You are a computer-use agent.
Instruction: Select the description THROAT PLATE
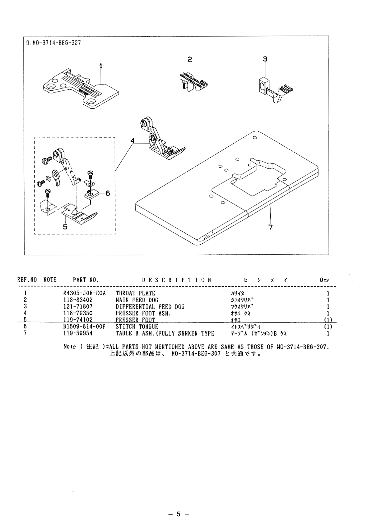(x=135, y=294)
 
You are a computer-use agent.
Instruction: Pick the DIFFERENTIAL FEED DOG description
(x=150, y=307)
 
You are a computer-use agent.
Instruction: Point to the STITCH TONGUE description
(x=137, y=327)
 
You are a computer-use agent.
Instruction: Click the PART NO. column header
(x=86, y=280)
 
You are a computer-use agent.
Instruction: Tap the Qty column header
(x=325, y=280)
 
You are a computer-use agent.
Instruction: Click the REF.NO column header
(x=27, y=280)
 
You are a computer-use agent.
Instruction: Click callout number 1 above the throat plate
(x=101, y=66)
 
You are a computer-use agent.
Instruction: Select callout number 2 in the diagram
(x=190, y=60)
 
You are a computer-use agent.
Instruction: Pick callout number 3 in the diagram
(x=265, y=59)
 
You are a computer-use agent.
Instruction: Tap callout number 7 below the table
(x=271, y=227)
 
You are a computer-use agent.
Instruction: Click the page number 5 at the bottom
(x=178, y=514)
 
